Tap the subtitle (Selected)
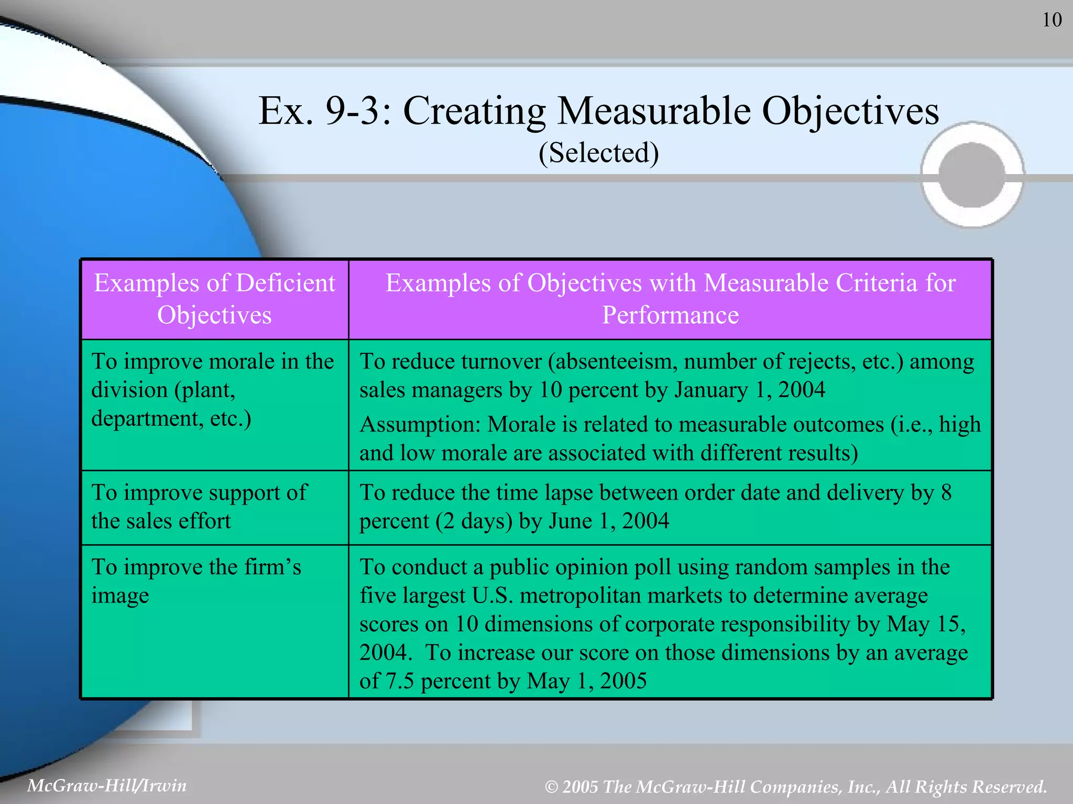point(599,153)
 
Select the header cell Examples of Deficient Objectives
point(214,299)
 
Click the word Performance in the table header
point(670,316)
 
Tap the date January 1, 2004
point(750,390)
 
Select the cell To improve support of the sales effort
point(214,507)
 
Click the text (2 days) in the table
point(474,521)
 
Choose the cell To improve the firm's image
point(214,581)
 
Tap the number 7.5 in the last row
point(400,681)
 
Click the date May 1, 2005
point(587,681)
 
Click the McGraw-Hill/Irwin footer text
point(107,786)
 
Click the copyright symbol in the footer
point(551,787)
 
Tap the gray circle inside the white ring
point(972,175)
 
